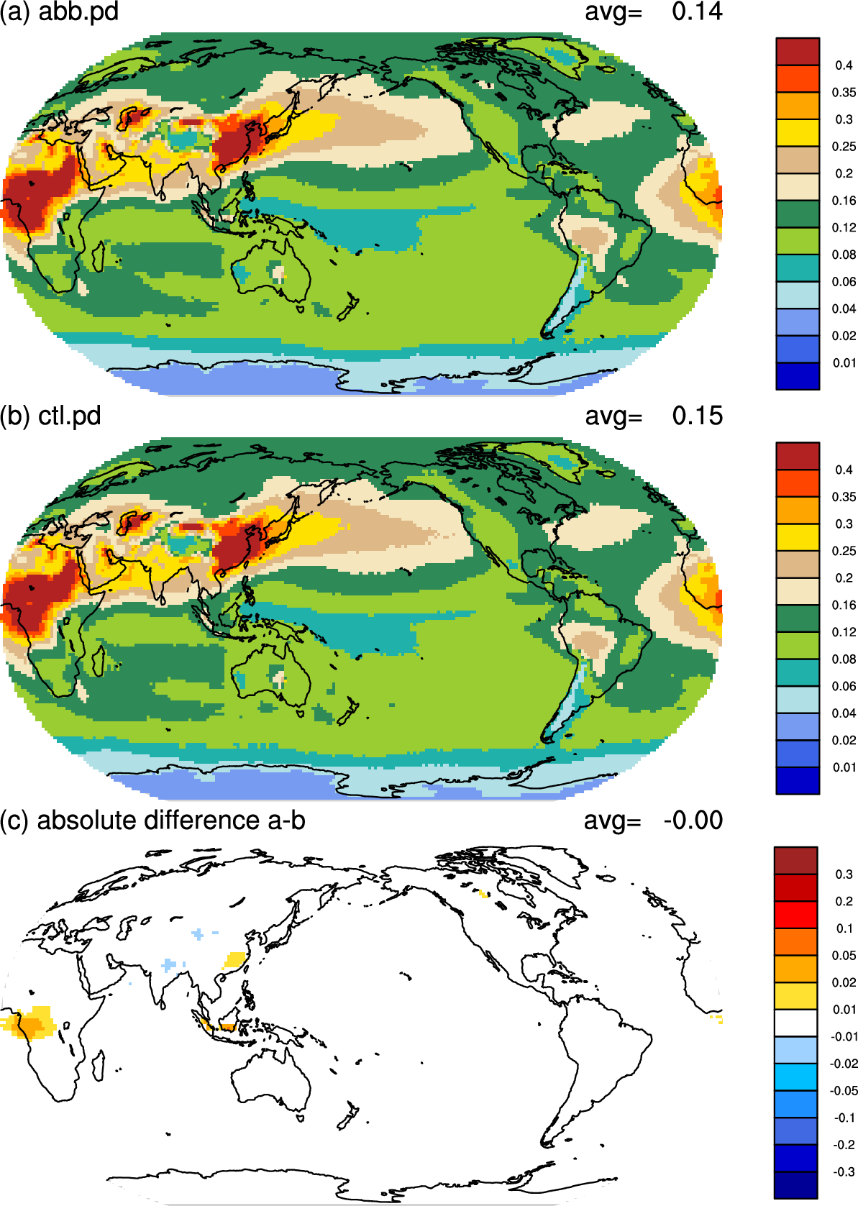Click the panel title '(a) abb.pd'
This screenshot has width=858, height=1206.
click(59, 12)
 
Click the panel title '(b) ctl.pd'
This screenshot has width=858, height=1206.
click(50, 416)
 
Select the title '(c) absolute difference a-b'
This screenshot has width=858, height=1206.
click(153, 821)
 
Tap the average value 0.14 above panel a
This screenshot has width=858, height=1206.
click(697, 12)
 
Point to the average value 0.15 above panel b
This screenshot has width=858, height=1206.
click(697, 416)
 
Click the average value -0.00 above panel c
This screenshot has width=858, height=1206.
click(693, 821)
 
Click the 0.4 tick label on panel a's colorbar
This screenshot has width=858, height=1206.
click(844, 65)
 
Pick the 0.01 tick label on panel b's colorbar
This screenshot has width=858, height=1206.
click(844, 767)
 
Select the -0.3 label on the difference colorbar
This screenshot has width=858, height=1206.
click(844, 1171)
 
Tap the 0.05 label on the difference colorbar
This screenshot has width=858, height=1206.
click(844, 956)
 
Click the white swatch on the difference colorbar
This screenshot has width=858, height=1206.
click(795, 1023)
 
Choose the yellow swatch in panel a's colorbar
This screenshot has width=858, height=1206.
click(798, 132)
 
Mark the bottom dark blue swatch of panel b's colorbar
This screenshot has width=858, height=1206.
click(798, 780)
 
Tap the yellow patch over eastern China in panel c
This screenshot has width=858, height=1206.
click(235, 959)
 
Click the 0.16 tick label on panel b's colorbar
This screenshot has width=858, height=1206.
click(844, 605)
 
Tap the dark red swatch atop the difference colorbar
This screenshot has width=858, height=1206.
click(795, 861)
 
